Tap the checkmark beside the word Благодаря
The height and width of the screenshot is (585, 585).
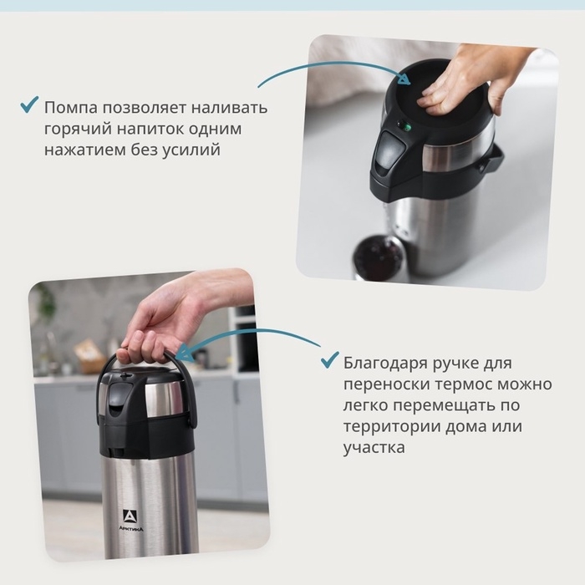click(329, 362)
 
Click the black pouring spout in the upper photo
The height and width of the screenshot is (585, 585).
click(386, 154)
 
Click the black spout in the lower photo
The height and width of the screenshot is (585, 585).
click(114, 404)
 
